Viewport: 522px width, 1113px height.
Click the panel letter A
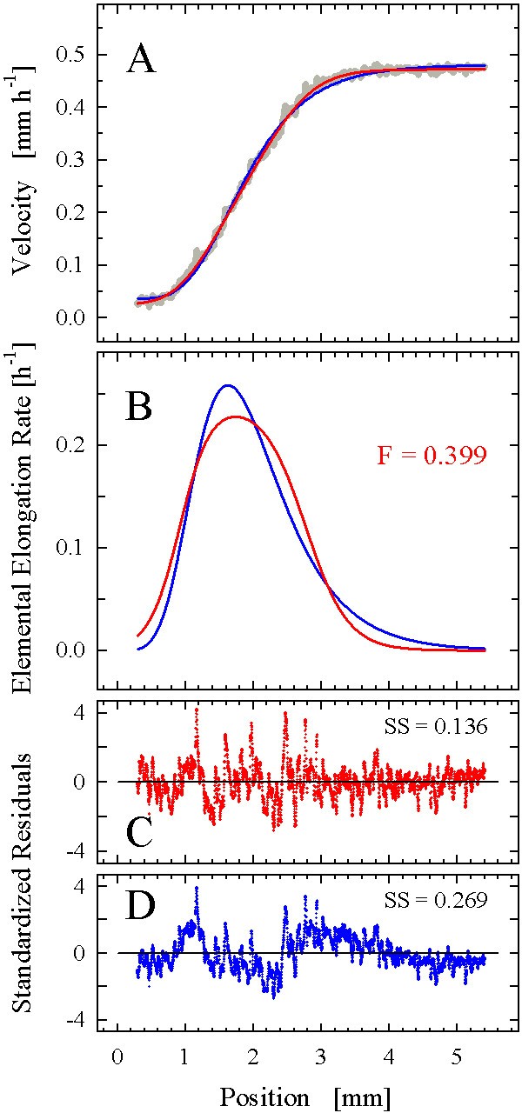click(x=142, y=60)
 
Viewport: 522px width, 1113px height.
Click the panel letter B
click(x=141, y=405)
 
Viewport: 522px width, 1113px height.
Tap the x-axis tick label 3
click(x=321, y=1056)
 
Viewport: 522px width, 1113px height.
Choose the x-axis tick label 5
click(x=458, y=1056)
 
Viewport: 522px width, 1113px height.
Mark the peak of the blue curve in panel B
click(x=227, y=385)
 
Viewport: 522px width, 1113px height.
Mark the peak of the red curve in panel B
click(x=236, y=417)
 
